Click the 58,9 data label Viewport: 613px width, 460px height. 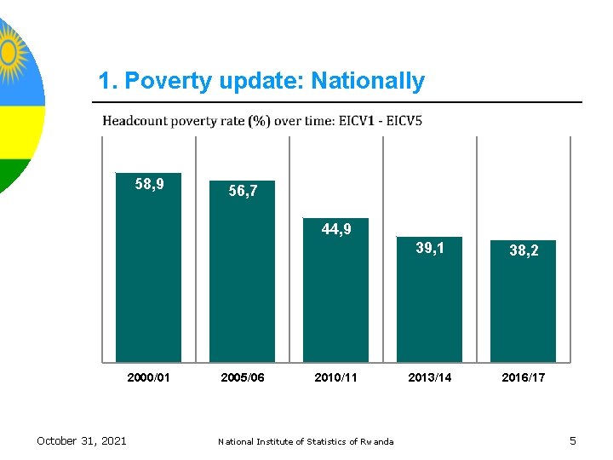(150, 183)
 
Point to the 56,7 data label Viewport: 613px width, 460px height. (243, 193)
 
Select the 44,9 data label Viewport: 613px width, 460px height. (336, 229)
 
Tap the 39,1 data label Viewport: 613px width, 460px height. (430, 248)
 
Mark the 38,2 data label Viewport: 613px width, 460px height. (524, 251)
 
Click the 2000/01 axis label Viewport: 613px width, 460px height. (149, 377)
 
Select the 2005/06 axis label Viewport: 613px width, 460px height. (243, 377)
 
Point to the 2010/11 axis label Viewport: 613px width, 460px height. (336, 377)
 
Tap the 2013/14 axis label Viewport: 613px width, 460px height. (430, 377)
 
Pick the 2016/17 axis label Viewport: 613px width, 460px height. (524, 377)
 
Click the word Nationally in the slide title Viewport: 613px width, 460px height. (368, 81)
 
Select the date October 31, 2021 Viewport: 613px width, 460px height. (82, 440)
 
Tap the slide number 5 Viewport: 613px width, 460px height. (573, 440)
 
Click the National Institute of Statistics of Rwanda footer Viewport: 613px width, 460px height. (306, 441)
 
